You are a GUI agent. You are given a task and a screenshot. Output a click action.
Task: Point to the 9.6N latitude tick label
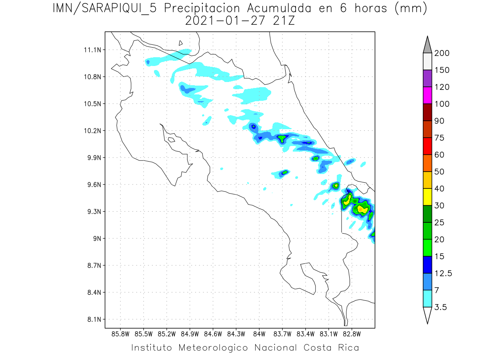tap(93, 185)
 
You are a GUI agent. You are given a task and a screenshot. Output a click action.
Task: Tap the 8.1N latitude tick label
tap(93, 320)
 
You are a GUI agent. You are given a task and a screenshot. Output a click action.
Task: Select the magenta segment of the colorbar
tap(427, 95)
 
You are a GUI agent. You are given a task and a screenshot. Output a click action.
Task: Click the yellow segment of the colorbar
tap(427, 197)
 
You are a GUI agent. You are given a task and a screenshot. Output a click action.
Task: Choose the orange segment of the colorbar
tap(427, 163)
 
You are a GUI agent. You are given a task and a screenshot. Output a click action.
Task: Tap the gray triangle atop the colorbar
tap(427, 44)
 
